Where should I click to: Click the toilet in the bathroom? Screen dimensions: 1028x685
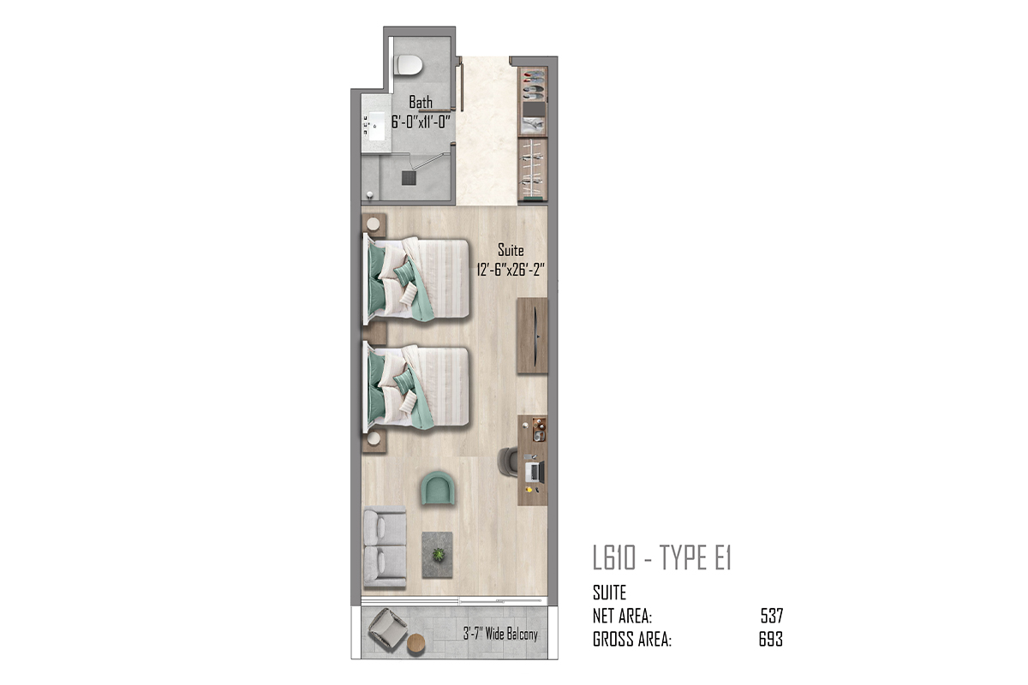coord(408,65)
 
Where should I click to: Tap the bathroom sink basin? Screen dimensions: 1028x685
coord(376,126)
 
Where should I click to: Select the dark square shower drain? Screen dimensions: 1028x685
coord(409,178)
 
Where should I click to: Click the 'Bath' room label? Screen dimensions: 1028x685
coord(421,102)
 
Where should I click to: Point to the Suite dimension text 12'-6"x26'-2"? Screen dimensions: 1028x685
coord(511,270)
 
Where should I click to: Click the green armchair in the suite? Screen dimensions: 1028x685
coord(438,488)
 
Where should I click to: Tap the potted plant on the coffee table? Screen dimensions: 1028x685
coord(439,555)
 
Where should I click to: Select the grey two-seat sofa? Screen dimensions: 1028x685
coord(385,547)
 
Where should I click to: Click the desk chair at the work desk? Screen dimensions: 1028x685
coord(507,462)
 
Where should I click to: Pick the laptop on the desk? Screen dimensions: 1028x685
coord(535,471)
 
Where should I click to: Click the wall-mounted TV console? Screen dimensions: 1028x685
coord(532,336)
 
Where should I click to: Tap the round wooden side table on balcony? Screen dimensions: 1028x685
coord(415,644)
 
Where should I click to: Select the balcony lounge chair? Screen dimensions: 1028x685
coord(387,629)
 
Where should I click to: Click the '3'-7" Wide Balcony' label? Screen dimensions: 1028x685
coord(500,634)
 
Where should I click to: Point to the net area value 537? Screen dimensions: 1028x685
coord(772,616)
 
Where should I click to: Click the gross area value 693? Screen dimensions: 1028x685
coord(770,639)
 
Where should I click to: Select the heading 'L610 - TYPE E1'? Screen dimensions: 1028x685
coord(661,557)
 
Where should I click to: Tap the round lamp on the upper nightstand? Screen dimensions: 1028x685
coord(374,224)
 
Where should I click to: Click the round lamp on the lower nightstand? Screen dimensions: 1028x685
coord(374,438)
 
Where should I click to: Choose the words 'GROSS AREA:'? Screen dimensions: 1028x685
coord(632,640)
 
